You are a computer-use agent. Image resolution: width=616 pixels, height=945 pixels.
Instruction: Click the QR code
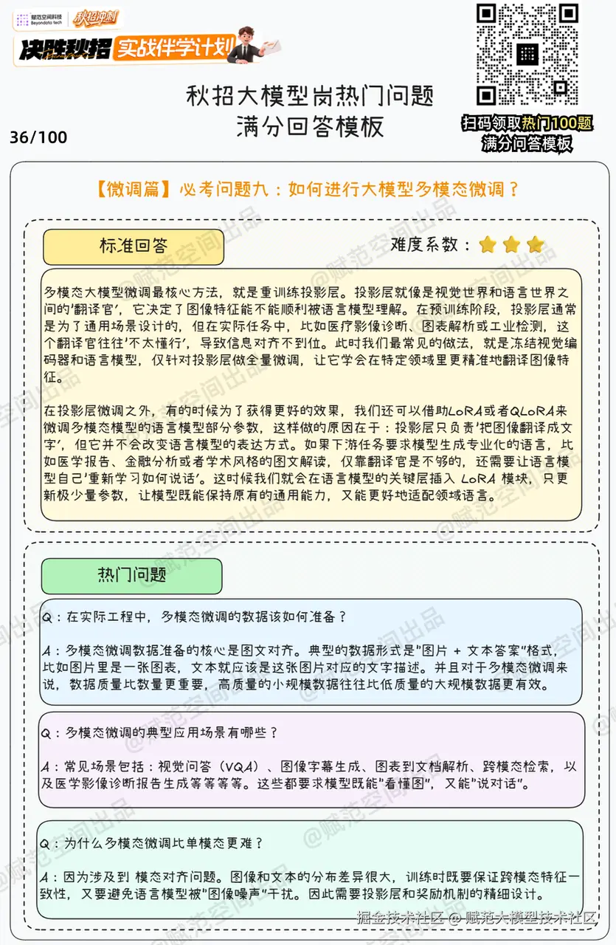coord(527,54)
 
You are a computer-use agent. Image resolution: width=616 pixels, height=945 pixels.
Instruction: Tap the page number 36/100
coord(38,137)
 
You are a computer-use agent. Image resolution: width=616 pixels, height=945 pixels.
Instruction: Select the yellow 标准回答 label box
coord(134,247)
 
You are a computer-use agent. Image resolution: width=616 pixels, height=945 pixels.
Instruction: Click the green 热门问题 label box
coord(131,576)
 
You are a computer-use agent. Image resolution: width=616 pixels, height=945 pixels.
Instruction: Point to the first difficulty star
coord(488,245)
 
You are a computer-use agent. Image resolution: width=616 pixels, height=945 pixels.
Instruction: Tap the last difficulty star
coord(535,245)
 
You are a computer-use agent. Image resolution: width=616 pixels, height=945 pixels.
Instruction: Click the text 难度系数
coord(429,245)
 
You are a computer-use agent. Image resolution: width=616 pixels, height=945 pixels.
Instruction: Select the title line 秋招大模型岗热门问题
coord(309,96)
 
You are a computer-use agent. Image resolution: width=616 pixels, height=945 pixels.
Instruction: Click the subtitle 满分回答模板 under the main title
coord(309,126)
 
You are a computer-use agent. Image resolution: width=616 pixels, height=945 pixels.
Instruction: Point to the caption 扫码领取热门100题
coord(527,123)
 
